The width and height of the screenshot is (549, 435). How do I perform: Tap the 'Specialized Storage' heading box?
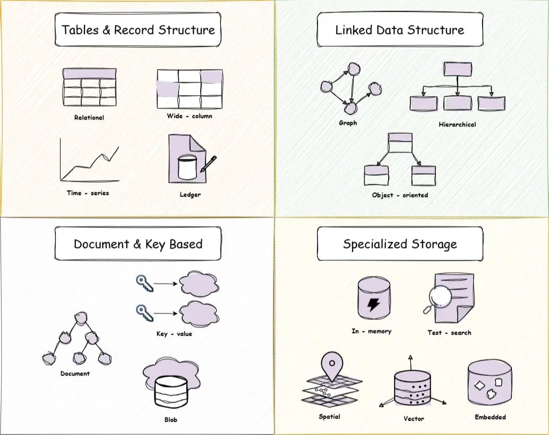point(400,244)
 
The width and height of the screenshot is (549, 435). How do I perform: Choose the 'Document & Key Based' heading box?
point(138,244)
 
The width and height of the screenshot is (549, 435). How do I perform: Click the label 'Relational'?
point(89,117)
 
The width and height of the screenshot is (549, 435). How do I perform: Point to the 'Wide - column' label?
point(190,116)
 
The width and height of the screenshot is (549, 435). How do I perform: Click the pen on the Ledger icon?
point(209,163)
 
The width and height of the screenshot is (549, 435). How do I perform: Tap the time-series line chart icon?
point(89,160)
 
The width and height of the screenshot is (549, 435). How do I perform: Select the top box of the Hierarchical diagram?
point(457,69)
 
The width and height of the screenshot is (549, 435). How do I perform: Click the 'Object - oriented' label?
point(400,195)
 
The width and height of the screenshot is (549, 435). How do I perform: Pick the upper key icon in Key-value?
point(144,283)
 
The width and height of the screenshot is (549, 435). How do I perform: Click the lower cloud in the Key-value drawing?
point(199,313)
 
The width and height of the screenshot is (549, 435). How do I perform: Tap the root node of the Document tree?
point(80,318)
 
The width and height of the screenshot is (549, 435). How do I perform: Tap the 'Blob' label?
point(170,420)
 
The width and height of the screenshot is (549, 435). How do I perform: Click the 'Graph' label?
point(348,123)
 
